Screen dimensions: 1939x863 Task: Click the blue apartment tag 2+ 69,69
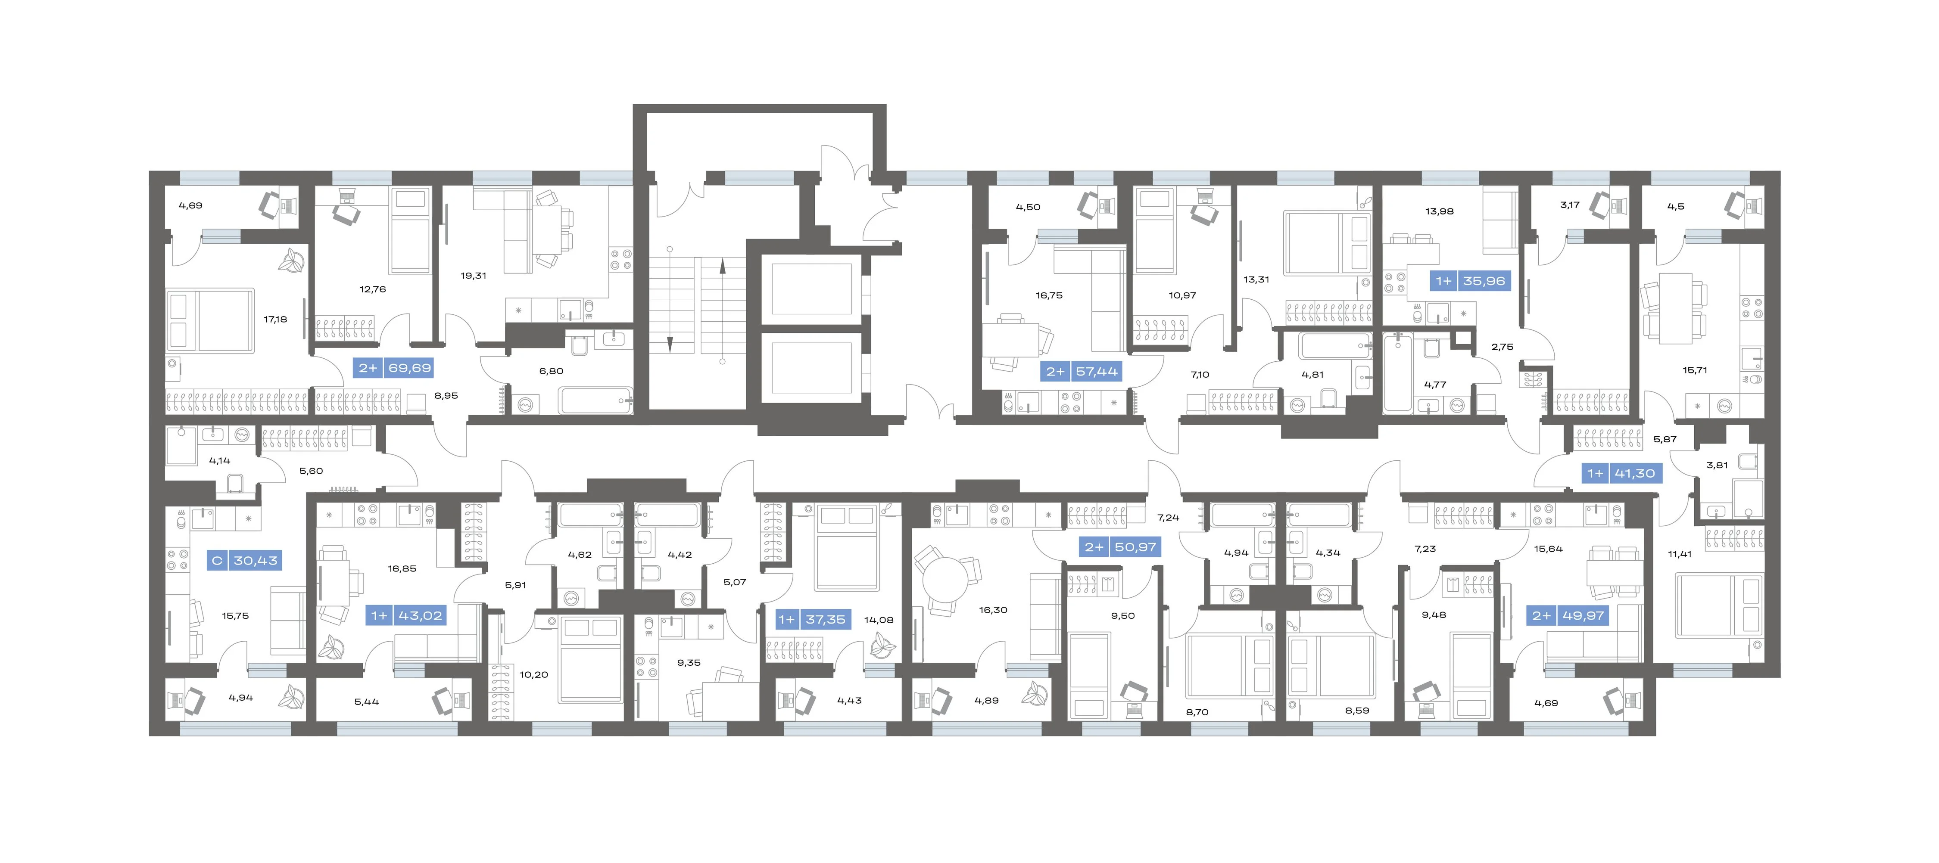394,368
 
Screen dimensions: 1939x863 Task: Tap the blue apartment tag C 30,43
244,561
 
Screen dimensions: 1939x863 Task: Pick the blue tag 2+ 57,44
1082,372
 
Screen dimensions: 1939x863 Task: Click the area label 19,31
474,275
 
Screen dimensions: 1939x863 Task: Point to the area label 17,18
275,319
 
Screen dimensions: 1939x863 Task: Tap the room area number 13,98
1439,211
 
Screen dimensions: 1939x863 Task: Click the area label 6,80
551,371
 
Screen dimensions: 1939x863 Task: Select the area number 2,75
1502,347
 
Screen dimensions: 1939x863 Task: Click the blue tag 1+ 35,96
1470,281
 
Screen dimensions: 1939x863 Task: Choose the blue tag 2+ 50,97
1120,547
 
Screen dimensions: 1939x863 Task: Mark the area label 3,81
1717,465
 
